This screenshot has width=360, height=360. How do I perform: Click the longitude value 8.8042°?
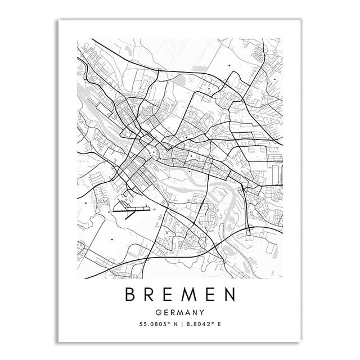point(199,325)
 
